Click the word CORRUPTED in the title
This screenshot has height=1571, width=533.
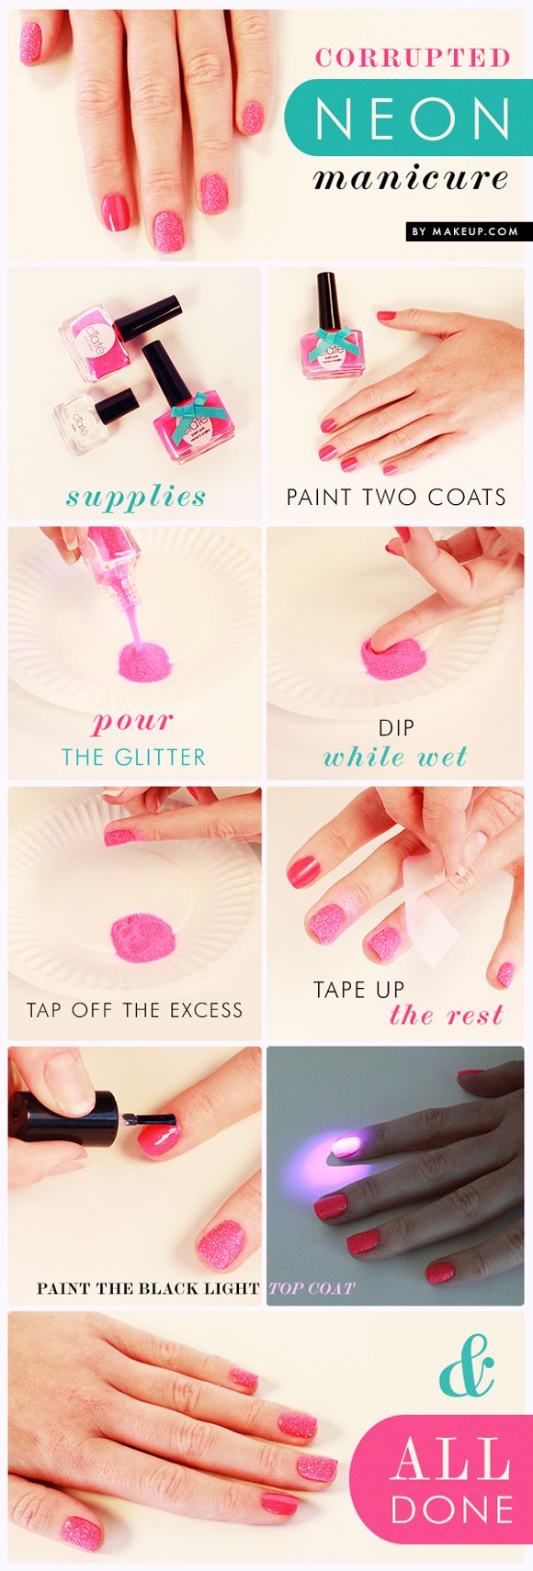(413, 58)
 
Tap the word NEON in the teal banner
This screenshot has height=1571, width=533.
(413, 118)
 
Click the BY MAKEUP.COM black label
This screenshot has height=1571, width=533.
(465, 231)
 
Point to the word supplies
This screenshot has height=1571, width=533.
(136, 497)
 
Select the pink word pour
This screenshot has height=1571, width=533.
(133, 721)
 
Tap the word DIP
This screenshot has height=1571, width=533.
(396, 728)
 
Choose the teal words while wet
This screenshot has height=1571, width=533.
(395, 757)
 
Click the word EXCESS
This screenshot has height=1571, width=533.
(203, 1011)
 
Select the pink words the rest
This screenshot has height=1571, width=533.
(447, 1015)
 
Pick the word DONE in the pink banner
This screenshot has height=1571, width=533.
(450, 1510)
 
